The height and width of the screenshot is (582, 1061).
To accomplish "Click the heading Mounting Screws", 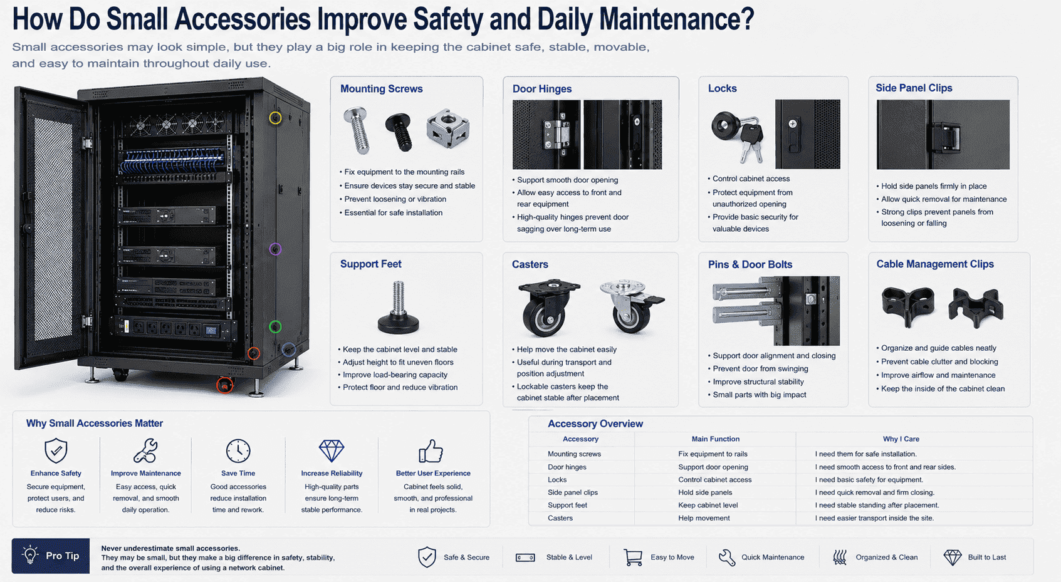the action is (x=381, y=88).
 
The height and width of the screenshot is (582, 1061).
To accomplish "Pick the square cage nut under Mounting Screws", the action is (x=447, y=128).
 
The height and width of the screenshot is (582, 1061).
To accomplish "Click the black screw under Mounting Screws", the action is (x=399, y=132).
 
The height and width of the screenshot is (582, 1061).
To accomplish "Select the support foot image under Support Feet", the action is (x=399, y=307).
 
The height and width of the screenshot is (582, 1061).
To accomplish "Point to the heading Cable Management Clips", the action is (x=935, y=264).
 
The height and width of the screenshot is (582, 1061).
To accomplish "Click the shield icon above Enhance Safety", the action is (x=56, y=450).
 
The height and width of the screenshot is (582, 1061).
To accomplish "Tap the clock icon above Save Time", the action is (x=238, y=450).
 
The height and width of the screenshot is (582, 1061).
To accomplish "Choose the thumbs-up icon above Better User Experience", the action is (x=431, y=451).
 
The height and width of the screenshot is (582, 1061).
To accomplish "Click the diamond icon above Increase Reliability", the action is (x=332, y=451).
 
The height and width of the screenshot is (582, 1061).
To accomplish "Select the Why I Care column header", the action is (x=901, y=439).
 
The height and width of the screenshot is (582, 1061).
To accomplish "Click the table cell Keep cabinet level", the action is (x=708, y=506).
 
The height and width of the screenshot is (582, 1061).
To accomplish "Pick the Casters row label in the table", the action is (x=560, y=518).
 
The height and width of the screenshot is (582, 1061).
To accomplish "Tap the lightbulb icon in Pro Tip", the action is (x=30, y=554).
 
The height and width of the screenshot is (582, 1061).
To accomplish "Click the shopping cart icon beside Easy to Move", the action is (x=633, y=558).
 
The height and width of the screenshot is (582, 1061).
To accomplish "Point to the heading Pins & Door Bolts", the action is (x=750, y=265).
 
